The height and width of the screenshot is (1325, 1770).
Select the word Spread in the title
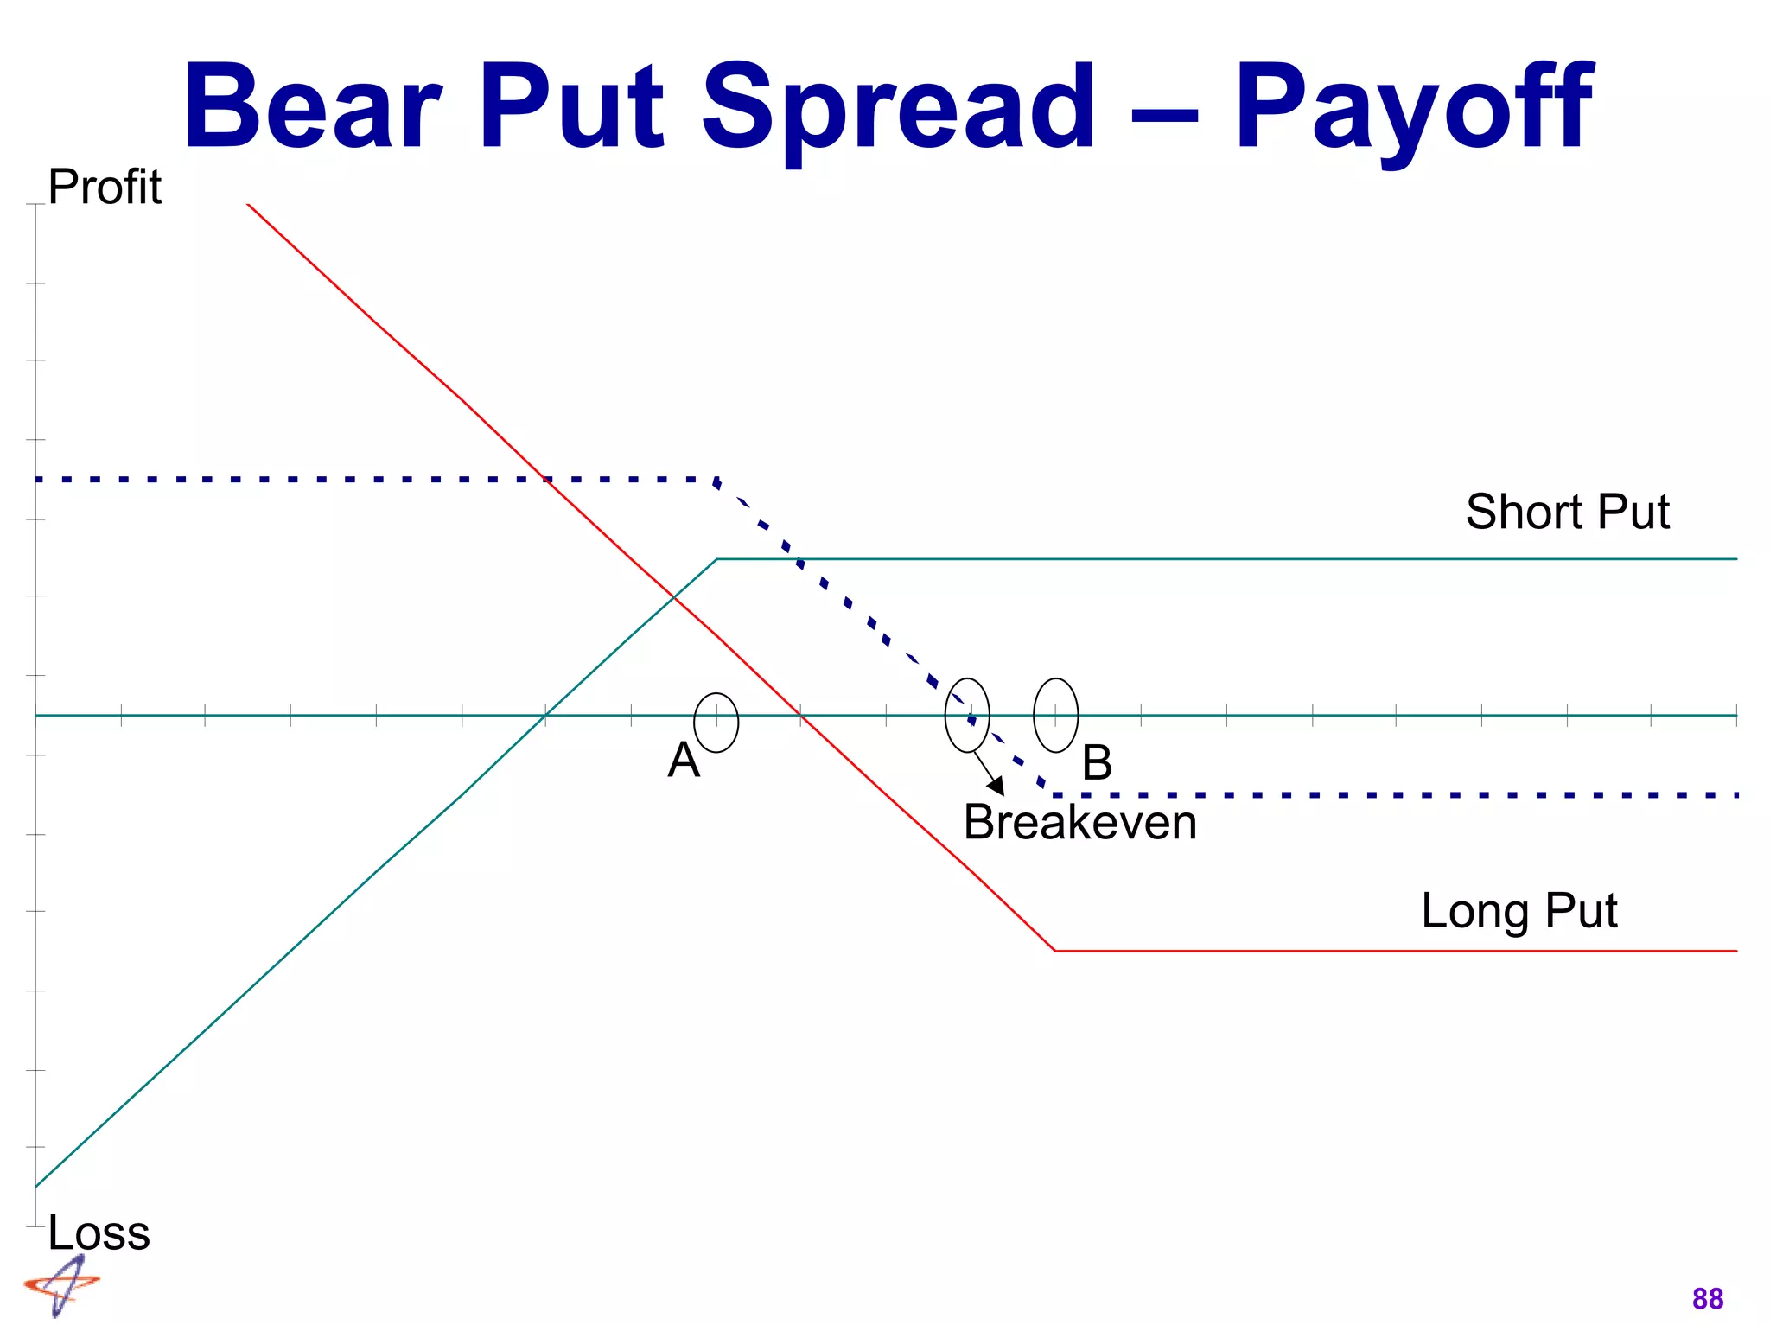pyautogui.click(x=898, y=108)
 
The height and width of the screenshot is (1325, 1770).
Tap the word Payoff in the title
pyautogui.click(x=1412, y=108)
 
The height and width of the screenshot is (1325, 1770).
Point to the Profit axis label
pyautogui.click(x=104, y=187)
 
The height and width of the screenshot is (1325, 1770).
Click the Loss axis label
pyautogui.click(x=99, y=1233)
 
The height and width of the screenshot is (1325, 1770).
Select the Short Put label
pyautogui.click(x=1567, y=512)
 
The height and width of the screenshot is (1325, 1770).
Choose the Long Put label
pyautogui.click(x=1519, y=911)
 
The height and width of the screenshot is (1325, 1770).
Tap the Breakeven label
pyautogui.click(x=1080, y=822)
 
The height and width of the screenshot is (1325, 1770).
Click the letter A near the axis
pyautogui.click(x=683, y=761)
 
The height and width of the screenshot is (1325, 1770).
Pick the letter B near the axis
pyautogui.click(x=1097, y=763)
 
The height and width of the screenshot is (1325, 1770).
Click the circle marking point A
pyautogui.click(x=716, y=723)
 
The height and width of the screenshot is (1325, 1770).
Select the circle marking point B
pyautogui.click(x=1055, y=715)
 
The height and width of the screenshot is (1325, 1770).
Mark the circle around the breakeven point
pyautogui.click(x=967, y=715)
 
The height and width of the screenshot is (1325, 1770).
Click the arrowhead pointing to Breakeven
pyautogui.click(x=997, y=787)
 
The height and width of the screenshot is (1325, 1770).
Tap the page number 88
pyautogui.click(x=1708, y=1299)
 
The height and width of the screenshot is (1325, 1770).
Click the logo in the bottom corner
pyautogui.click(x=60, y=1286)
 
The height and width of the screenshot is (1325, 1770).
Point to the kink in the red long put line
pyautogui.click(x=1055, y=951)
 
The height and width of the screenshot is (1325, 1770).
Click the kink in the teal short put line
pyautogui.click(x=717, y=559)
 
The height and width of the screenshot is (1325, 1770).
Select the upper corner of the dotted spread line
pyautogui.click(x=716, y=480)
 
